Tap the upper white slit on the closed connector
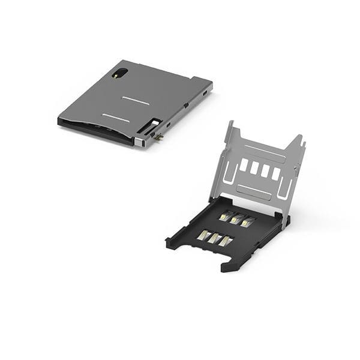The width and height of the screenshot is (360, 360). tap(135, 100)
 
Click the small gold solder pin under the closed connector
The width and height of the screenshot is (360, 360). tap(159, 139)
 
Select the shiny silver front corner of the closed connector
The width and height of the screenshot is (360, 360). tap(139, 142)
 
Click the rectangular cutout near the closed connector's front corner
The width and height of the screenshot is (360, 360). tap(149, 126)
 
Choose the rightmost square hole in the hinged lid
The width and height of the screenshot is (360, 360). tap(275, 173)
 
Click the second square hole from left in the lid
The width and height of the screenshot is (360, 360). tap(254, 167)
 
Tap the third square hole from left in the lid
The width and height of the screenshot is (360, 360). tap(265, 170)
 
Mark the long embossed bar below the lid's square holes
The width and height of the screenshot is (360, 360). tap(254, 191)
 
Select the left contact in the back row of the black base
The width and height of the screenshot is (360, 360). tap(226, 216)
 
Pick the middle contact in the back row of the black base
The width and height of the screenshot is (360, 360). tap(236, 219)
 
